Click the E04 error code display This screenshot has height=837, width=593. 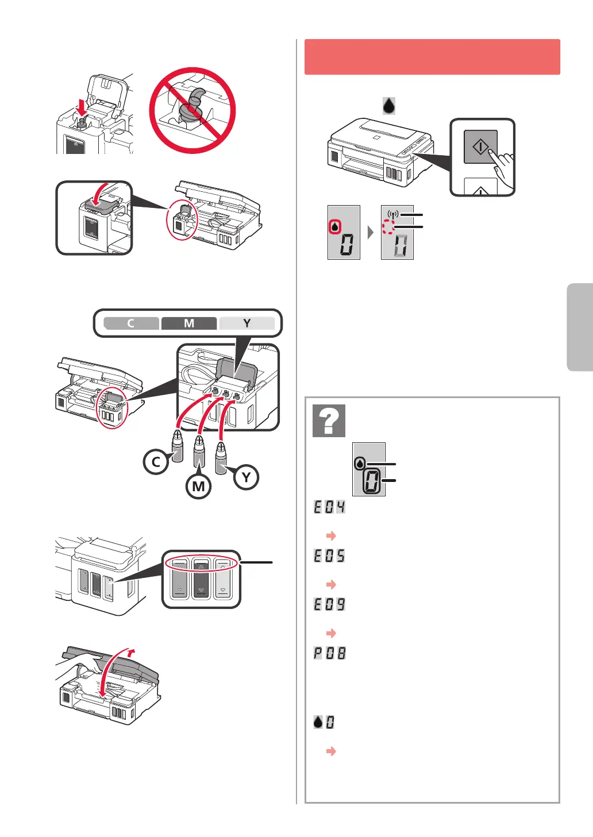pos(329,507)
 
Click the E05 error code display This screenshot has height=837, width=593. pos(329,556)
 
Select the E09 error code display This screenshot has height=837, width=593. pos(329,604)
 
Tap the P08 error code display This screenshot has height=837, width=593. pos(329,653)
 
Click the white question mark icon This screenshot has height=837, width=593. pos(329,421)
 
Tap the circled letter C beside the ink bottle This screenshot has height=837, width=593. pos(156,462)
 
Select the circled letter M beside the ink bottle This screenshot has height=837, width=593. pos(198,487)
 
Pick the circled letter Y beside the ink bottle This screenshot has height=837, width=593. pos(246,477)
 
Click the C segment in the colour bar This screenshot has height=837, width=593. pos(131,323)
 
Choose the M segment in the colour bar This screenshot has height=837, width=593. pos(189,323)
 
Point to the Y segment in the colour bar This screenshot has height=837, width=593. pos(247,323)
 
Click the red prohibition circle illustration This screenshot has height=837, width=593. pos(192,110)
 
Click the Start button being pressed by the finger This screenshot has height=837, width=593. pos(480,146)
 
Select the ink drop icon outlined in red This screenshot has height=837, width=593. pos(335,227)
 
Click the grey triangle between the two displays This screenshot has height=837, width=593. pos(371,233)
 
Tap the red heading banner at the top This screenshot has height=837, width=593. pos(432,57)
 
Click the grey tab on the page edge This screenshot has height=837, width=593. pos(580,327)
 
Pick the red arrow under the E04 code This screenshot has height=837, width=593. pos(331,535)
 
